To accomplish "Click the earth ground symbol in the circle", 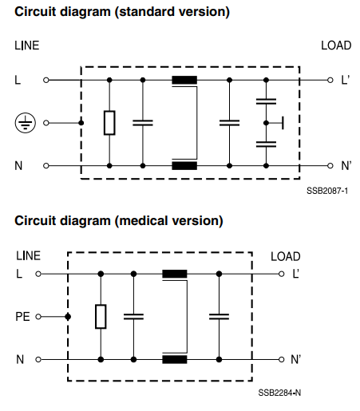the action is [x=26, y=123].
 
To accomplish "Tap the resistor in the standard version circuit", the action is [x=109, y=123].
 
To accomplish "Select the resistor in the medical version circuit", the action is [x=101, y=317].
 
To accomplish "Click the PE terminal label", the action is [x=22, y=317].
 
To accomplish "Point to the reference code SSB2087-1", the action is [x=327, y=191].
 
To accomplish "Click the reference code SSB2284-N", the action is [x=279, y=393].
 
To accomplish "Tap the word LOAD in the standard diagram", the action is [x=336, y=45].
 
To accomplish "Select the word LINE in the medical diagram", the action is [x=28, y=255].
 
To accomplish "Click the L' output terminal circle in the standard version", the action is [x=330, y=80].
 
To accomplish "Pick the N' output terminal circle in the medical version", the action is [x=281, y=359].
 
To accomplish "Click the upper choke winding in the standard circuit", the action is [x=184, y=80].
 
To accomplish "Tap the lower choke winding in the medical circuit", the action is [x=175, y=359].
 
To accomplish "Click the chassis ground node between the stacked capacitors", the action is [x=266, y=123].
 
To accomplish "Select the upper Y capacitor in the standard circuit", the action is [x=266, y=101].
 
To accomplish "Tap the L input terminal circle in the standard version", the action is [x=46, y=80].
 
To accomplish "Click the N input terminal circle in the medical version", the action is [x=38, y=359].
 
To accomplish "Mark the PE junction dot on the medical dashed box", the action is [x=68, y=317].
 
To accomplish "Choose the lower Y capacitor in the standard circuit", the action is [x=266, y=144].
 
